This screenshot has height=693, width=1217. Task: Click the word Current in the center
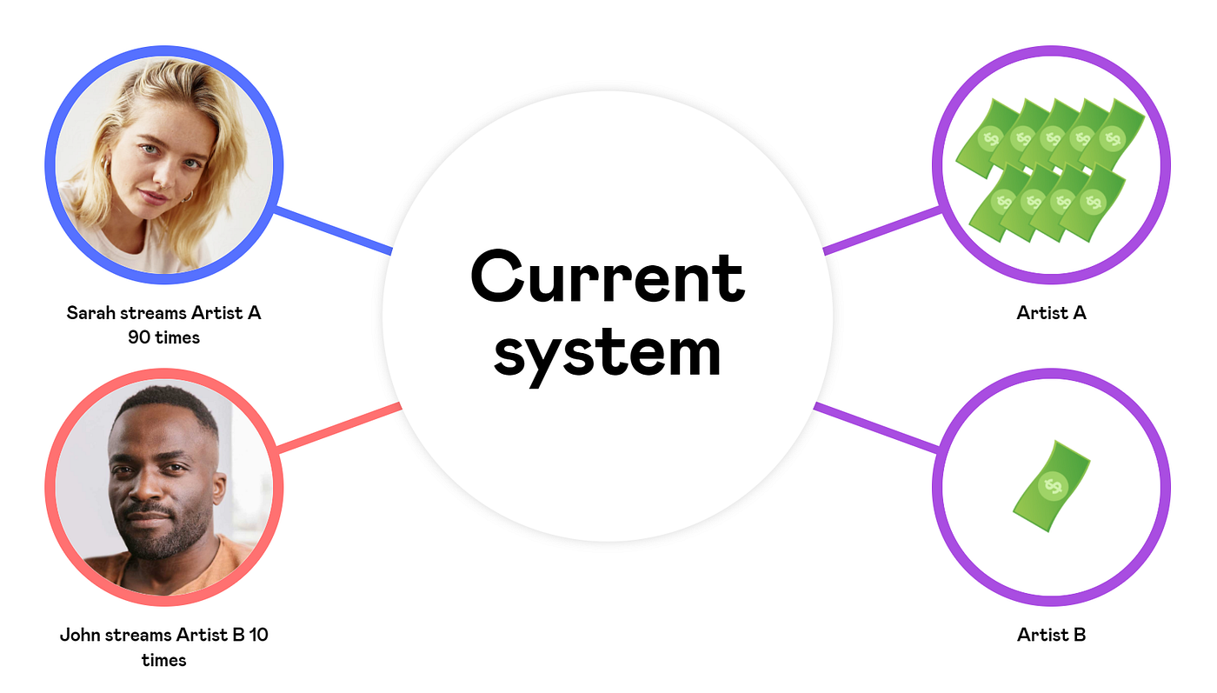click(x=607, y=277)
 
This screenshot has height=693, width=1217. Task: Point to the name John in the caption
click(x=80, y=635)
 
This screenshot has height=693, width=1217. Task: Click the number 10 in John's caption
click(x=258, y=635)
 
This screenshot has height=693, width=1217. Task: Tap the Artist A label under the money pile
click(x=1051, y=313)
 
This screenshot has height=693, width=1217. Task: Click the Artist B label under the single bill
click(x=1051, y=635)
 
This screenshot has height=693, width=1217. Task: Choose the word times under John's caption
click(x=163, y=660)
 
